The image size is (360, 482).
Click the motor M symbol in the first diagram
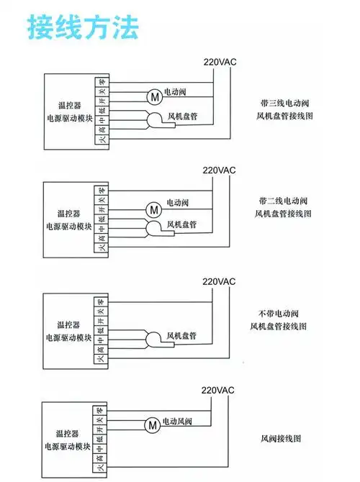tap(154, 96)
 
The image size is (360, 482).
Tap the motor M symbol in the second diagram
tap(154, 209)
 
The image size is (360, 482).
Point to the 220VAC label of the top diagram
tap(220, 61)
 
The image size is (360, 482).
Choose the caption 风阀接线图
tap(285, 438)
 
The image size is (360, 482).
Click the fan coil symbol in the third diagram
tap(153, 338)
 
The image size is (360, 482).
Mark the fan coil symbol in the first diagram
tap(155, 119)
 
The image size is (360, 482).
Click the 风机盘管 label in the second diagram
tap(181, 225)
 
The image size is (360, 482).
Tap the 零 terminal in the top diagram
tap(102, 83)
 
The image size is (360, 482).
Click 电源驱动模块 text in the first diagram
tap(69, 117)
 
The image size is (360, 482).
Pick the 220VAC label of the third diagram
tap(218, 281)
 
